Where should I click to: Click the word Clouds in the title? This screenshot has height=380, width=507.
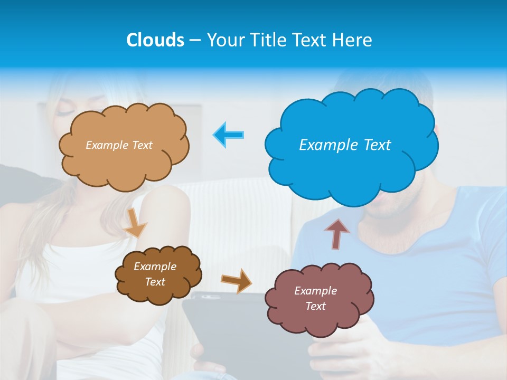tap(155, 40)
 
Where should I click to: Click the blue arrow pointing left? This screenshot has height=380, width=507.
tap(228, 135)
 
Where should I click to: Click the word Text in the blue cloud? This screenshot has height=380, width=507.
tap(377, 145)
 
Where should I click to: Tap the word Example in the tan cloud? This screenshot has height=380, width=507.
tap(107, 145)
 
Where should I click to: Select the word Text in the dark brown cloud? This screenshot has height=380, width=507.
tap(155, 282)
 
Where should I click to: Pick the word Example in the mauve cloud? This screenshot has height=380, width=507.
tap(315, 291)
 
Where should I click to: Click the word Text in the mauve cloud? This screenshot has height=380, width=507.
tap(315, 306)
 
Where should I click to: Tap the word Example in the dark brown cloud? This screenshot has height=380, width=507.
tap(155, 267)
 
